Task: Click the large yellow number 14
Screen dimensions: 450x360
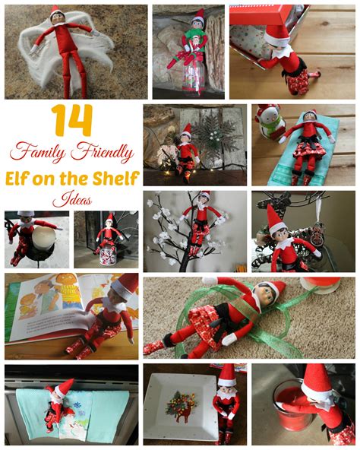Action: pyautogui.click(x=72, y=122)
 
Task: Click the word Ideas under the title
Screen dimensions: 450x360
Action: pyautogui.click(x=72, y=201)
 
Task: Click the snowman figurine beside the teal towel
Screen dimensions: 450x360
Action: pyautogui.click(x=269, y=122)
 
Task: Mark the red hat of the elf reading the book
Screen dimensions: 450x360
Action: pyautogui.click(x=125, y=286)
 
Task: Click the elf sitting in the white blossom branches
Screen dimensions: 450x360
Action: pyautogui.click(x=201, y=221)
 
